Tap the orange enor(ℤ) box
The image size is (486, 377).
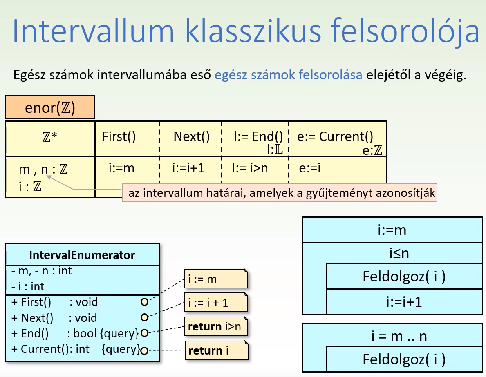[50, 107]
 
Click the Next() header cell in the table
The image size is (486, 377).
[191, 137]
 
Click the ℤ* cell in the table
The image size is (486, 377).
[50, 138]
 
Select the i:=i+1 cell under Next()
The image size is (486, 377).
[188, 168]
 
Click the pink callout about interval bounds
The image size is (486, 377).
[279, 193]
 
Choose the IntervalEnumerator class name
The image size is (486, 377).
[82, 255]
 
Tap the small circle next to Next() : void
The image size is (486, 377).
[144, 317]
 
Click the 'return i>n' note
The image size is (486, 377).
[216, 327]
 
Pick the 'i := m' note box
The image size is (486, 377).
[215, 279]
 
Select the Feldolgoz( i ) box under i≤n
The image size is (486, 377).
[404, 277]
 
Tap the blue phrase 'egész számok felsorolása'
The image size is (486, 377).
[288, 75]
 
